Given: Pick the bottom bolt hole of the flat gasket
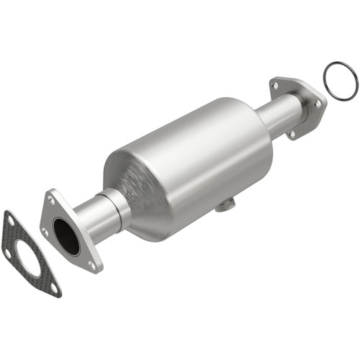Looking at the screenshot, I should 53,288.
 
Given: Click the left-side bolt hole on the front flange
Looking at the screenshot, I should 45,232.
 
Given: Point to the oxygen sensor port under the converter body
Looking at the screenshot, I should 226,206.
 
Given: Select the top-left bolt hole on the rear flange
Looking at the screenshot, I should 274,86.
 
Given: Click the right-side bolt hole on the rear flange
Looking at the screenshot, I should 318,104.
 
